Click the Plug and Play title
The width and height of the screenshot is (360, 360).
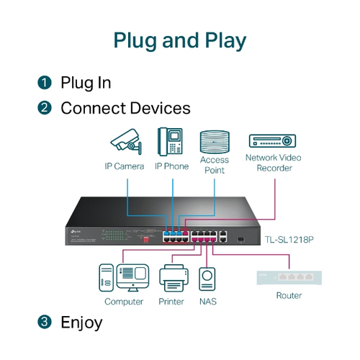click(179, 40)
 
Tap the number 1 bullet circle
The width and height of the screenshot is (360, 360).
click(45, 83)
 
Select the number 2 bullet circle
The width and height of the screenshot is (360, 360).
click(45, 109)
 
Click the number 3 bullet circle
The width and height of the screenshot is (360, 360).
click(45, 322)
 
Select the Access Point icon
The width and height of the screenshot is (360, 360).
click(214, 140)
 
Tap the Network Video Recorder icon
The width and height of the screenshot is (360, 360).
click(273, 141)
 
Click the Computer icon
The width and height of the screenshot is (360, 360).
click(123, 278)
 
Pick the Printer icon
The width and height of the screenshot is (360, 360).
click(171, 278)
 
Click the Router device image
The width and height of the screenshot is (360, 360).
click(289, 276)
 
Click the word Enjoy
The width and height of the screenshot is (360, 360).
click(81, 322)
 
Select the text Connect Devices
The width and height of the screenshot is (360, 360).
click(125, 109)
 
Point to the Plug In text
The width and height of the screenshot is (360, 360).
click(86, 83)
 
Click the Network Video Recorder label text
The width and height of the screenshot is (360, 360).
click(274, 163)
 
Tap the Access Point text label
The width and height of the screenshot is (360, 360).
click(215, 165)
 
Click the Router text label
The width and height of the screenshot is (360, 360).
click(289, 296)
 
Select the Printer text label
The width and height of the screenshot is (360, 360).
click(171, 302)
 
